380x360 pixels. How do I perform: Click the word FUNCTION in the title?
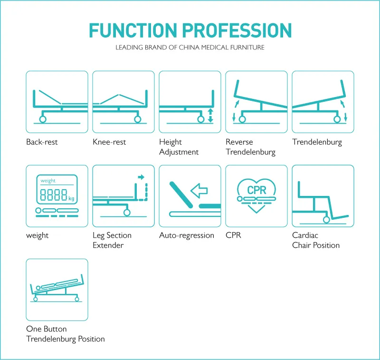click(x=133, y=30)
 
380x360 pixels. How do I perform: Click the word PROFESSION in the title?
click(x=237, y=30)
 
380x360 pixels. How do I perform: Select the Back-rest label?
click(x=42, y=142)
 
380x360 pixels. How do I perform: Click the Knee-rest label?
click(x=109, y=142)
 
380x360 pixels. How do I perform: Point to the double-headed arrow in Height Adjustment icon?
click(x=210, y=116)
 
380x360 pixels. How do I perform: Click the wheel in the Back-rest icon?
click(x=43, y=119)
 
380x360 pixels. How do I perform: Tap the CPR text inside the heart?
click(x=256, y=190)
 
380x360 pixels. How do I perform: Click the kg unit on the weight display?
click(x=71, y=198)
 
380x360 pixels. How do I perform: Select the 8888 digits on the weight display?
click(x=54, y=195)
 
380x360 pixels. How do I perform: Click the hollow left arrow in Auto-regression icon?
click(x=199, y=190)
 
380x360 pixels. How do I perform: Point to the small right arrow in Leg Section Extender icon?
click(x=141, y=177)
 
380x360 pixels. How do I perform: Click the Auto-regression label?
click(x=187, y=235)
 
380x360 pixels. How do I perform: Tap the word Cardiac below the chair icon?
click(x=305, y=235)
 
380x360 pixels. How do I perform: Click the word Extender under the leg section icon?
click(x=108, y=245)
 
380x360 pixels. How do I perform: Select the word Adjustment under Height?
click(x=179, y=152)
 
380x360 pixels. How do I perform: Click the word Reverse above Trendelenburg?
click(x=239, y=142)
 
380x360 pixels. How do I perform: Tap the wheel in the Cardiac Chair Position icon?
click(x=326, y=220)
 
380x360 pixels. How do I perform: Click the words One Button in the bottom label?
click(x=46, y=329)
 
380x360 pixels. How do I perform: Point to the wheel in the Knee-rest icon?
click(x=137, y=119)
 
